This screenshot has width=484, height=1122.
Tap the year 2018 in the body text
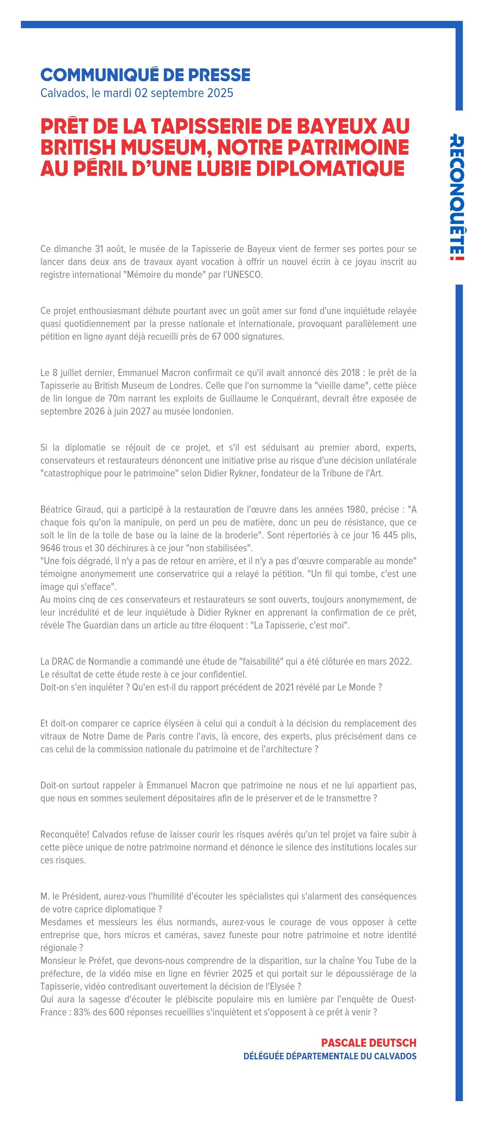350,373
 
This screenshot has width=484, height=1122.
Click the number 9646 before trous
51,548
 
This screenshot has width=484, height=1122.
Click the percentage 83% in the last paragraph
82,1012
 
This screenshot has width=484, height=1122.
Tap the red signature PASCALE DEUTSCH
369,1043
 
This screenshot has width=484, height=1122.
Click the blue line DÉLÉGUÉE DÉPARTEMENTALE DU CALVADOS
330,1056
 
